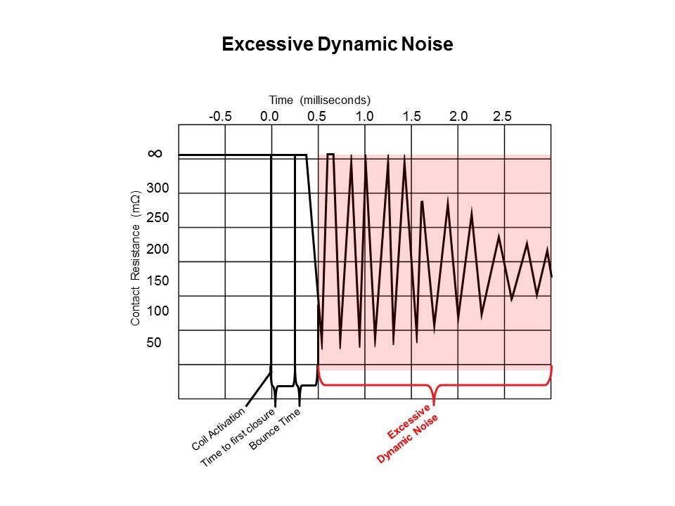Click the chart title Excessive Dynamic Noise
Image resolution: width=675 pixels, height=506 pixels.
coord(337,44)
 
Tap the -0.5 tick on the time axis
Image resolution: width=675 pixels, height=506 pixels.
coord(220,117)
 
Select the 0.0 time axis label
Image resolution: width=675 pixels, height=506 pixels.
coord(270,117)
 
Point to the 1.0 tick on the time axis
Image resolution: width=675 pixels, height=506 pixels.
coord(364,117)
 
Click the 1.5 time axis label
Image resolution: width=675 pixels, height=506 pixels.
coord(411,117)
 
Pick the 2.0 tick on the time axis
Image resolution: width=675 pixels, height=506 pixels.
coord(458,117)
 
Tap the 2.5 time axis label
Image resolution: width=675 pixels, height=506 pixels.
coord(503,117)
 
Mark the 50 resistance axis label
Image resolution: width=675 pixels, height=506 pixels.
coord(155,343)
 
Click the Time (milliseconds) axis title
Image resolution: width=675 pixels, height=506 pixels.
coord(320,100)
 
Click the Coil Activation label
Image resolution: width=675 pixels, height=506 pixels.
coord(218,429)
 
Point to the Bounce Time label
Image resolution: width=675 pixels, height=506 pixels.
coord(275,431)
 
